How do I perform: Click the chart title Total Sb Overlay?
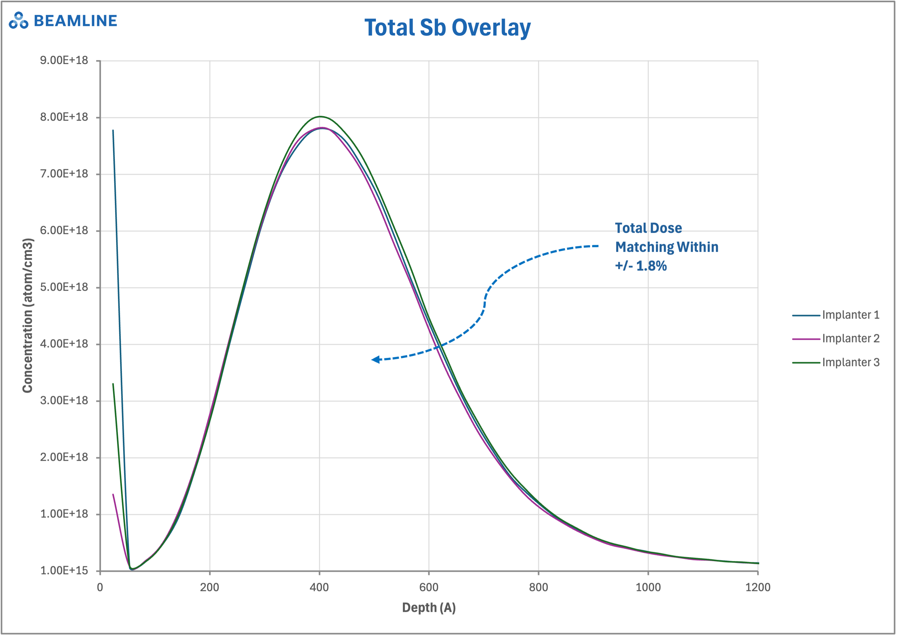coord(448,28)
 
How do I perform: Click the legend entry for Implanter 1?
coord(850,315)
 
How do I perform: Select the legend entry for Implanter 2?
coord(850,338)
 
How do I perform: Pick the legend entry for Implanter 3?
coord(850,362)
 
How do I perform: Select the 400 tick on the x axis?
coord(319,587)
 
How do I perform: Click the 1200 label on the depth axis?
coord(758,587)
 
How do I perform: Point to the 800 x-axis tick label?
coord(538,587)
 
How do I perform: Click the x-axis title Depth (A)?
coord(429,608)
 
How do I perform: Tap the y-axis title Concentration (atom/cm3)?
coord(27,315)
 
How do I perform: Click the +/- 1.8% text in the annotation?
coord(641,266)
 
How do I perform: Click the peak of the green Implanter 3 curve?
coord(320,116)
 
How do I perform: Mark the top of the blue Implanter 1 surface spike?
coord(113,131)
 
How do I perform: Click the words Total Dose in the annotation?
coord(648,228)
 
